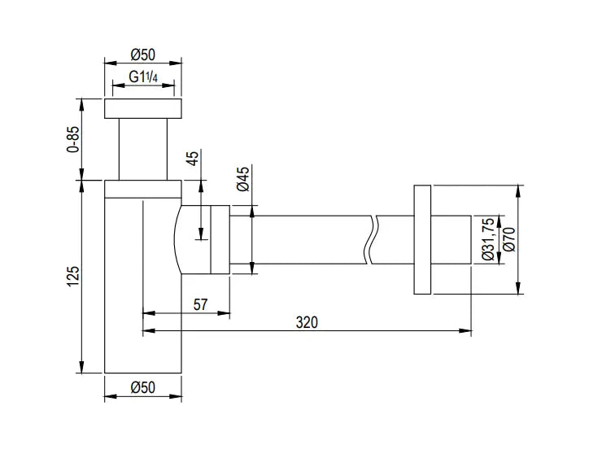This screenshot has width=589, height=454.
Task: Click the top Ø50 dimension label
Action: [x=142, y=55]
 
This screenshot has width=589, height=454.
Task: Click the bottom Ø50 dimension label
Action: [x=142, y=387]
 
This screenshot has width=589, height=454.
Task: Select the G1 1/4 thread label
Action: [x=143, y=76]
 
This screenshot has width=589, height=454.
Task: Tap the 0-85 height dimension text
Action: [x=73, y=139]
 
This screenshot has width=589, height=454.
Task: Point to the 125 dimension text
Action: [x=73, y=277]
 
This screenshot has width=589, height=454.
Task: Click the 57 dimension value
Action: [x=200, y=304]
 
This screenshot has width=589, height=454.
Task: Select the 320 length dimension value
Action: [x=307, y=322]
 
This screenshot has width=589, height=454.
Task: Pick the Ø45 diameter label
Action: [x=243, y=179]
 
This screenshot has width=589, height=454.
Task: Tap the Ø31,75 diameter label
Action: [x=489, y=239]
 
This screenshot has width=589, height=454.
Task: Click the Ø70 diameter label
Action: [x=509, y=239]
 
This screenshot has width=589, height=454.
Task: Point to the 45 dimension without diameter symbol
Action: [x=192, y=158]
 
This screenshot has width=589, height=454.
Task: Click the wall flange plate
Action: [x=422, y=239]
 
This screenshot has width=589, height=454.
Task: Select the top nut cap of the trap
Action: [x=142, y=108]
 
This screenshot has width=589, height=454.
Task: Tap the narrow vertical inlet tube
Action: [x=143, y=149]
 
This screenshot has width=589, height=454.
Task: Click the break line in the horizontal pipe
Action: [x=370, y=239]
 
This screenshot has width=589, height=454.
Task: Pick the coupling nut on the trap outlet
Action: [x=220, y=239]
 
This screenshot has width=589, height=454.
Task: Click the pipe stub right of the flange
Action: [x=451, y=239]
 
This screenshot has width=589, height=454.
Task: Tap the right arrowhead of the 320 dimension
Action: [x=466, y=330]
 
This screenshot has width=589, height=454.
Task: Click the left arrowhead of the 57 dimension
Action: [x=149, y=312]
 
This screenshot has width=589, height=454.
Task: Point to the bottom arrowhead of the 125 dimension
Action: [x=82, y=367]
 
